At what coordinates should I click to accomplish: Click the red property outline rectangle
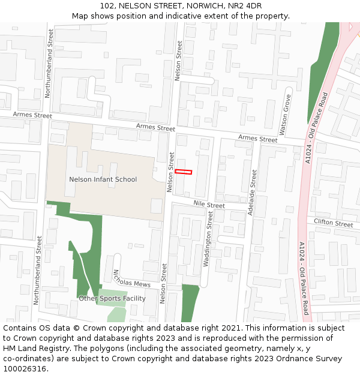tap(183, 172)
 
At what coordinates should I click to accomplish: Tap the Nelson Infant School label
tap(103, 179)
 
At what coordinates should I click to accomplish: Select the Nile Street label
tap(209, 205)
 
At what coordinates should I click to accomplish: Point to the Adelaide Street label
tap(253, 192)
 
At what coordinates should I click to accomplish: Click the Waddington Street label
tap(208, 242)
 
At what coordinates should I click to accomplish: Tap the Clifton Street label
tap(334, 224)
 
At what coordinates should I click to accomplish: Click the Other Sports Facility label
tap(112, 298)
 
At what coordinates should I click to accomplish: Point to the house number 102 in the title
tap(108, 5)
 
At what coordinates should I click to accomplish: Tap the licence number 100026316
tap(24, 368)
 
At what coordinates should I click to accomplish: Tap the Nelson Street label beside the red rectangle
tap(170, 172)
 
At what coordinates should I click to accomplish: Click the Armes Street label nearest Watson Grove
tap(258, 139)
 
